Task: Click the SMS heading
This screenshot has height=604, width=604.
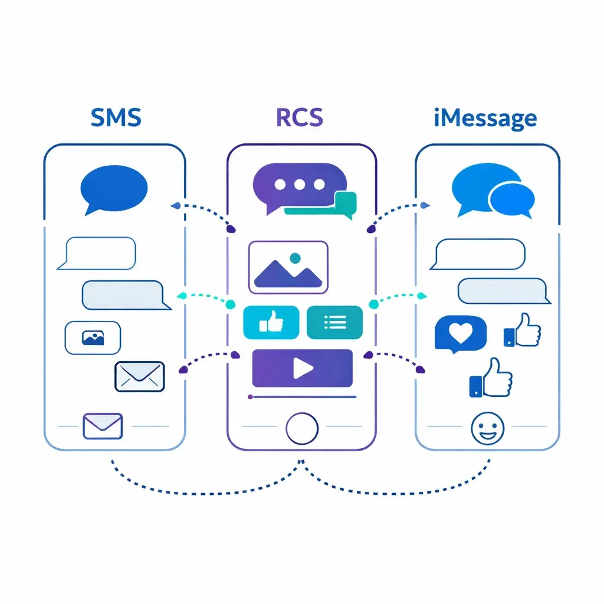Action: coord(116,117)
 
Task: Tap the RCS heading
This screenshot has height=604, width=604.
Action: coord(300,117)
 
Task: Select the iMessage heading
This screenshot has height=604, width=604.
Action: coord(485,118)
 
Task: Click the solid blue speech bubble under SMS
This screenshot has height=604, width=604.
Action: coord(113,188)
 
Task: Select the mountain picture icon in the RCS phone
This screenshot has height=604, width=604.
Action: coord(288,267)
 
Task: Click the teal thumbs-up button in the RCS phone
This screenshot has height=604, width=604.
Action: coord(271,322)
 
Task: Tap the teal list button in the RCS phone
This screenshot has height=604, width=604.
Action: coord(334,322)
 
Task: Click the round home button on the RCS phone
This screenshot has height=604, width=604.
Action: coord(301,426)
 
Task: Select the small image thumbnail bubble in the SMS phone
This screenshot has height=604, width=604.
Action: coord(93,338)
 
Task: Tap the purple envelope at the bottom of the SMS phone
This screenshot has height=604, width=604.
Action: coord(103,425)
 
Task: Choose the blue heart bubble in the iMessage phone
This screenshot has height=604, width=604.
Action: coord(460,334)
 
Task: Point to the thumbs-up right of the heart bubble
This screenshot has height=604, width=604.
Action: coord(522,331)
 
